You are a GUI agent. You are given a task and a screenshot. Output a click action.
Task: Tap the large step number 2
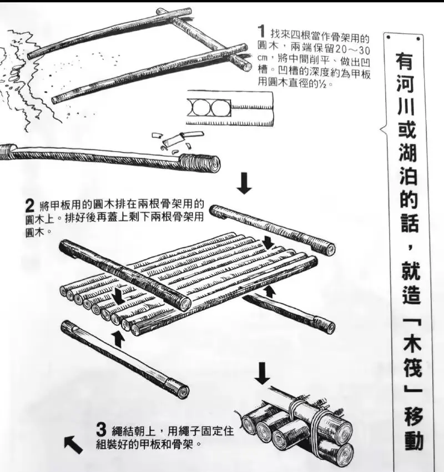[x=31, y=207]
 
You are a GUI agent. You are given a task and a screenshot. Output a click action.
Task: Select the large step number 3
[x=102, y=430]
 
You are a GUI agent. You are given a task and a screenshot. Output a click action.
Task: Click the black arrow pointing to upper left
[x=73, y=445]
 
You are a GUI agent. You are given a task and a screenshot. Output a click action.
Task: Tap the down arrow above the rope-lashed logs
[x=263, y=373]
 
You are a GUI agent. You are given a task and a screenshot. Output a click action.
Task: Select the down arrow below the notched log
[x=244, y=183]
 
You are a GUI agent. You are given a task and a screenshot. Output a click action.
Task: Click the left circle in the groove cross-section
[x=199, y=108]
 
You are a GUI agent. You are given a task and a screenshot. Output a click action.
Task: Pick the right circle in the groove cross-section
[x=220, y=108]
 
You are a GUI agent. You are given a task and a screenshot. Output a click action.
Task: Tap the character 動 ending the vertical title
[x=413, y=441]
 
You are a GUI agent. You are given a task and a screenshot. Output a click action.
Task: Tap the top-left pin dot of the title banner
[x=389, y=38]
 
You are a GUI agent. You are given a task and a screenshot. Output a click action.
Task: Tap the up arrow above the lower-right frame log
[x=270, y=292]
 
